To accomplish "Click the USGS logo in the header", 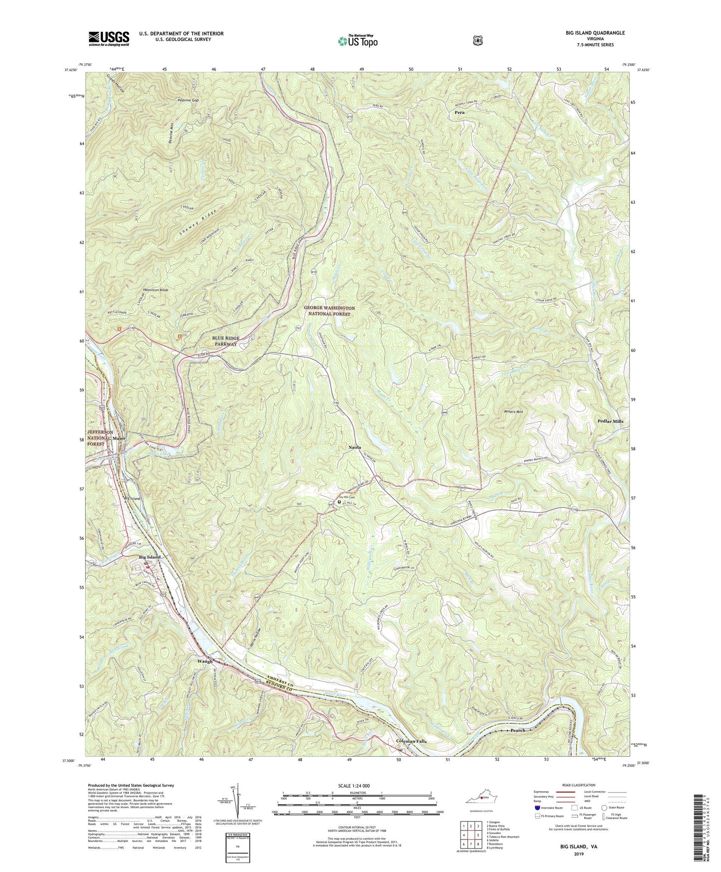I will click(109, 38).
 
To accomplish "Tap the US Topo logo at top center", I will click(356, 40).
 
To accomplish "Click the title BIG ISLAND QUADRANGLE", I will click(592, 33).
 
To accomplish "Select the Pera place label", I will click(459, 113).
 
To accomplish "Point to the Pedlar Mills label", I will click(610, 422).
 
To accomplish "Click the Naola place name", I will click(355, 447).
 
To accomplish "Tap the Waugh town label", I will click(205, 661).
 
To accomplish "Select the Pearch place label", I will click(518, 730).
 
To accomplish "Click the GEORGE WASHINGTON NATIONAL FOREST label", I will click(329, 311).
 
